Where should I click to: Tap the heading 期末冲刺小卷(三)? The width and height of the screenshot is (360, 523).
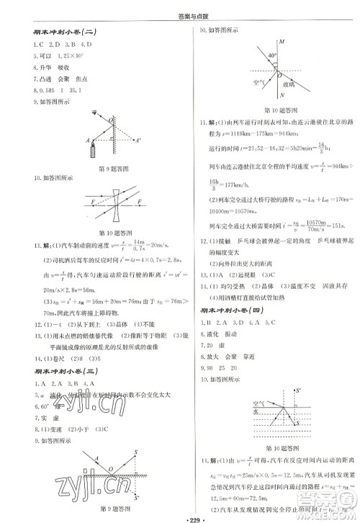pos(60,371)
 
